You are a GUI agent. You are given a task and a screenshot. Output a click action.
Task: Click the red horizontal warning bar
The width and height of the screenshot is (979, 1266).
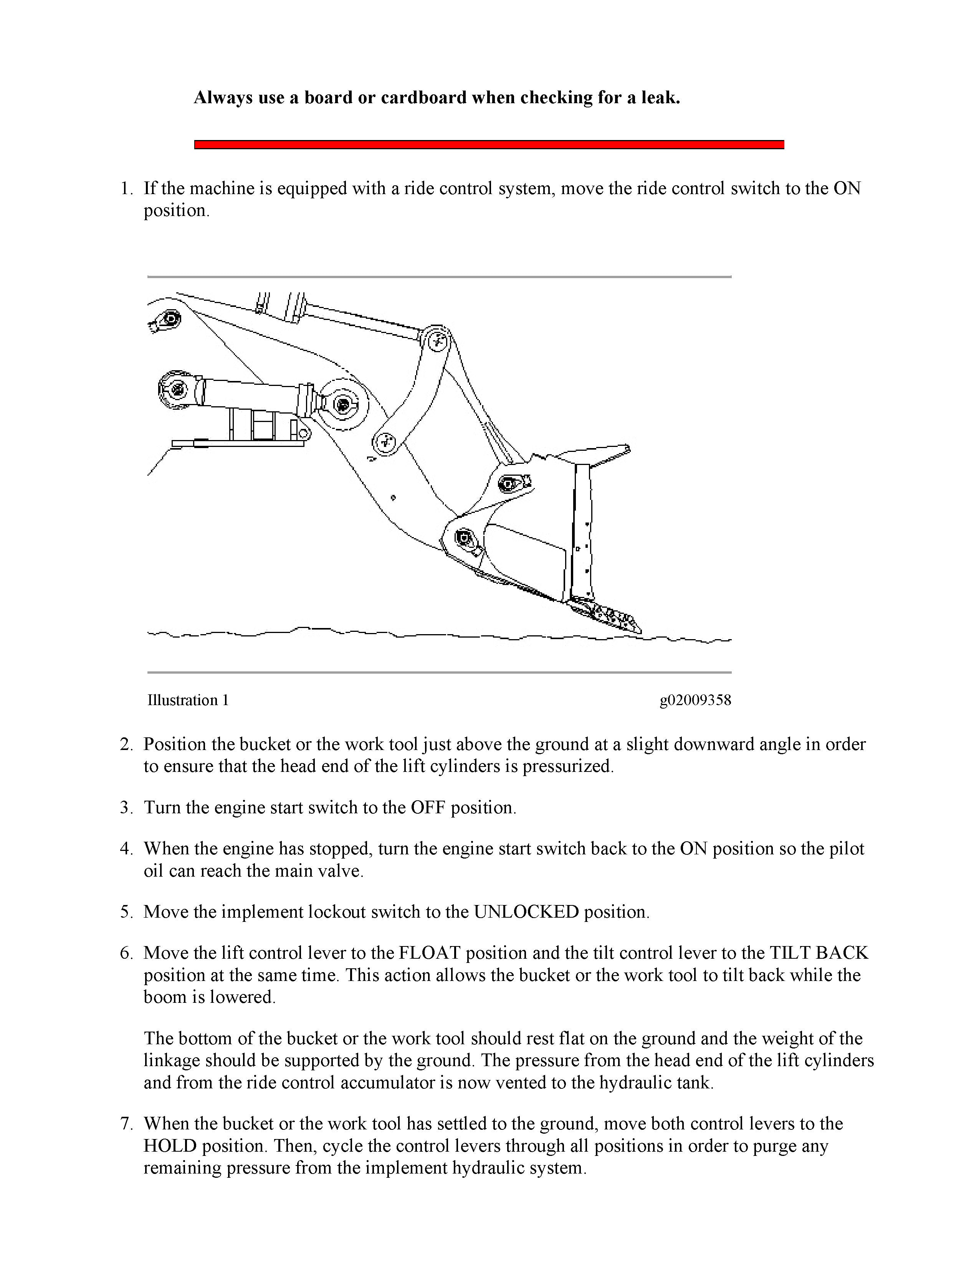pyautogui.click(x=489, y=144)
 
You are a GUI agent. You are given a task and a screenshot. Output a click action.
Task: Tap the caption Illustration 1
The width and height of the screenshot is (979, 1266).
pyautogui.click(x=188, y=700)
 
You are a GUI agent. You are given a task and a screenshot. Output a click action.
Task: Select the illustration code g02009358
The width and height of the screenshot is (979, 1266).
pyautogui.click(x=695, y=700)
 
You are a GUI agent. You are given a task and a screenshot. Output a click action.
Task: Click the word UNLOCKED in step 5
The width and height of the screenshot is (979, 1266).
pyautogui.click(x=526, y=912)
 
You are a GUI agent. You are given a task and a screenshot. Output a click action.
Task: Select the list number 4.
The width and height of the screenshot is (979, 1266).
pyautogui.click(x=126, y=849)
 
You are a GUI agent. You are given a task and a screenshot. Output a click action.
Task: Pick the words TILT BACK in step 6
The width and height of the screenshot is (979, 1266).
pyautogui.click(x=819, y=953)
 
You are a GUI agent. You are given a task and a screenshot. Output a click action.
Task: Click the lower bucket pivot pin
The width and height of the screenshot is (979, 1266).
pyautogui.click(x=464, y=539)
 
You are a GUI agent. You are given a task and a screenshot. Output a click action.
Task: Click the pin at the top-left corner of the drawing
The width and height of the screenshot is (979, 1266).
pyautogui.click(x=170, y=319)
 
